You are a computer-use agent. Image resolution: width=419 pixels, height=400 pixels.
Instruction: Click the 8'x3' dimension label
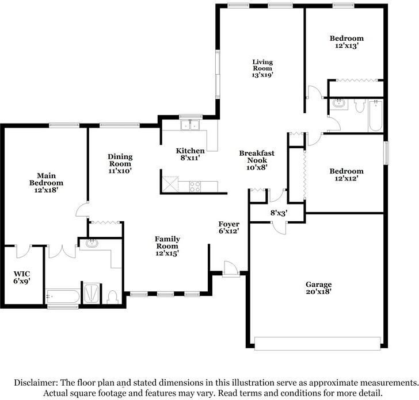point(279,213)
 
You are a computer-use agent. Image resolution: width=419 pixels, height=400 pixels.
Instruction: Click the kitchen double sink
point(188,125)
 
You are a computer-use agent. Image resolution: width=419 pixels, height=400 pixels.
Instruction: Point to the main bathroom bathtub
point(63,297)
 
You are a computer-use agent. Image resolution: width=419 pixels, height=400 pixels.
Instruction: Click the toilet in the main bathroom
point(113,296)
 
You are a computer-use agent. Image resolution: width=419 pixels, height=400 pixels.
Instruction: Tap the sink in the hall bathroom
point(338,105)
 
